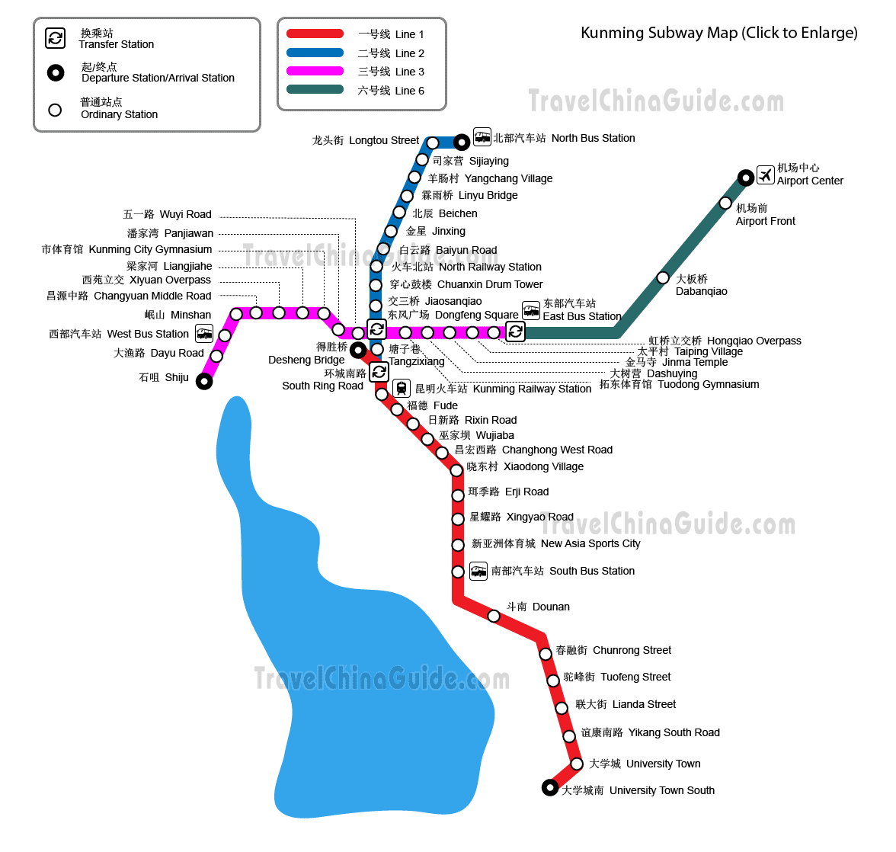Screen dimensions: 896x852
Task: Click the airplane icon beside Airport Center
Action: [765, 175]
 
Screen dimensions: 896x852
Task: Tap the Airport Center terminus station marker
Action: [745, 178]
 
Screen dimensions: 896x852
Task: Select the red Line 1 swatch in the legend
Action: [315, 34]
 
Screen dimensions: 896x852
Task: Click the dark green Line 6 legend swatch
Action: [315, 90]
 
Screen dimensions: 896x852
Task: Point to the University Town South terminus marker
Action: [550, 788]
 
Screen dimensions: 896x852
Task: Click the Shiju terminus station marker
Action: [204, 381]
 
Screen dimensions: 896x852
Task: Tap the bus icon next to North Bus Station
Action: [482, 137]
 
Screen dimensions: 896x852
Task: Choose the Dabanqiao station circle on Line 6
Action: [663, 277]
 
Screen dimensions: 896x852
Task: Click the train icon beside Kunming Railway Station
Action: [402, 389]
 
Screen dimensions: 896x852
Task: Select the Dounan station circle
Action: [494, 616]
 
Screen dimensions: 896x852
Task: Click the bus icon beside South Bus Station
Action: [478, 571]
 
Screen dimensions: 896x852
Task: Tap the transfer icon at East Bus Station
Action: [515, 332]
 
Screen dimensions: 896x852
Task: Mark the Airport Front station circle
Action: [725, 203]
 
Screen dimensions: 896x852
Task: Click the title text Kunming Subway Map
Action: [659, 33]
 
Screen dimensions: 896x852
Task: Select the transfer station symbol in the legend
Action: [56, 38]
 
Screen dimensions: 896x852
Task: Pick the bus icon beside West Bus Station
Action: [204, 333]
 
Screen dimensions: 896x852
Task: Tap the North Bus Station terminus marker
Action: [462, 142]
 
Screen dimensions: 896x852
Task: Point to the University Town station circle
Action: [577, 764]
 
